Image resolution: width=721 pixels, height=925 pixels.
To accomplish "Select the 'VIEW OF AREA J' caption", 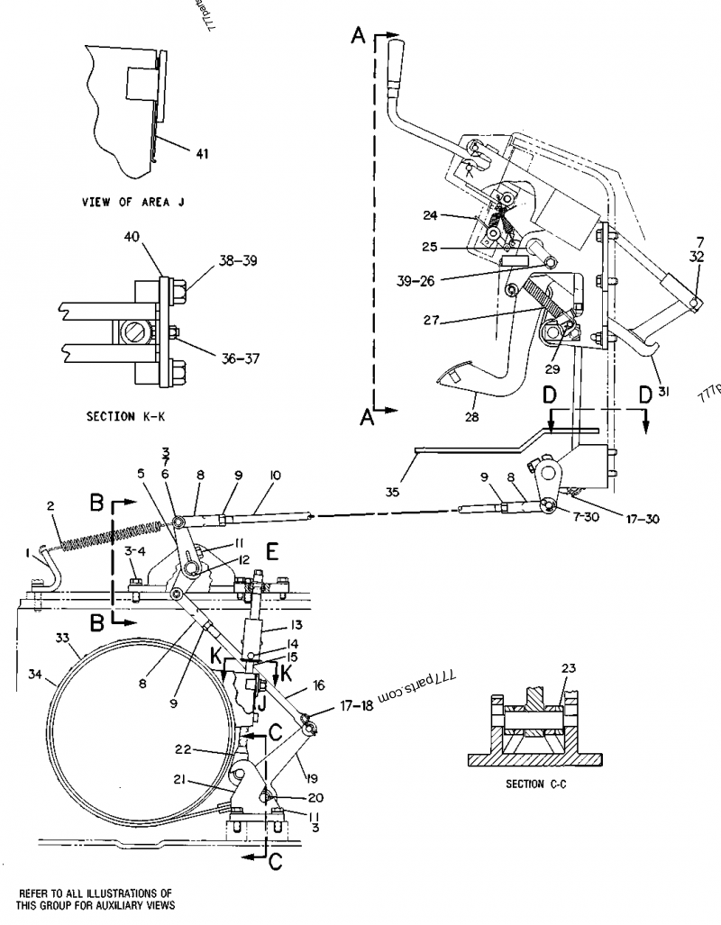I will pos(132,203).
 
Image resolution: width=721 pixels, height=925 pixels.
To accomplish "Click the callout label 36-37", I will pos(240,358).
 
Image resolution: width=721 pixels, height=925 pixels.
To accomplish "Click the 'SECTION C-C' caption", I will pos(537,784).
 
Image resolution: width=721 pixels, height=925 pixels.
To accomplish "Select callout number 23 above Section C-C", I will pos(567,668).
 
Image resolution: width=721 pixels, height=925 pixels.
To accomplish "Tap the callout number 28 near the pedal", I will pos(472,418).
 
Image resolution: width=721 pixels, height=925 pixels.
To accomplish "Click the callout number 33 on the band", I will pos(62,638).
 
